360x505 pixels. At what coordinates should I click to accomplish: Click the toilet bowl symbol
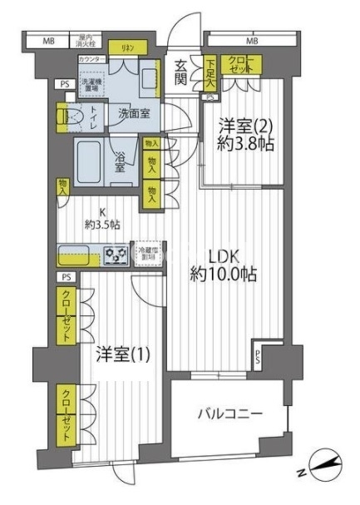point(71,117)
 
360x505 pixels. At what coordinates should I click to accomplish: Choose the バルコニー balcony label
point(230,413)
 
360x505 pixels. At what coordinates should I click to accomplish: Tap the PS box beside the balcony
point(258,359)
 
